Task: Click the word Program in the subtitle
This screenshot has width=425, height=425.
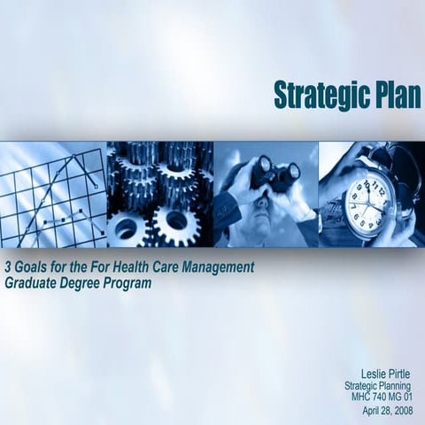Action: tap(129, 283)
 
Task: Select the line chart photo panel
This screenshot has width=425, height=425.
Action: tap(53, 195)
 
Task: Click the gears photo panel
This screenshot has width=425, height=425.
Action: tap(159, 195)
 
